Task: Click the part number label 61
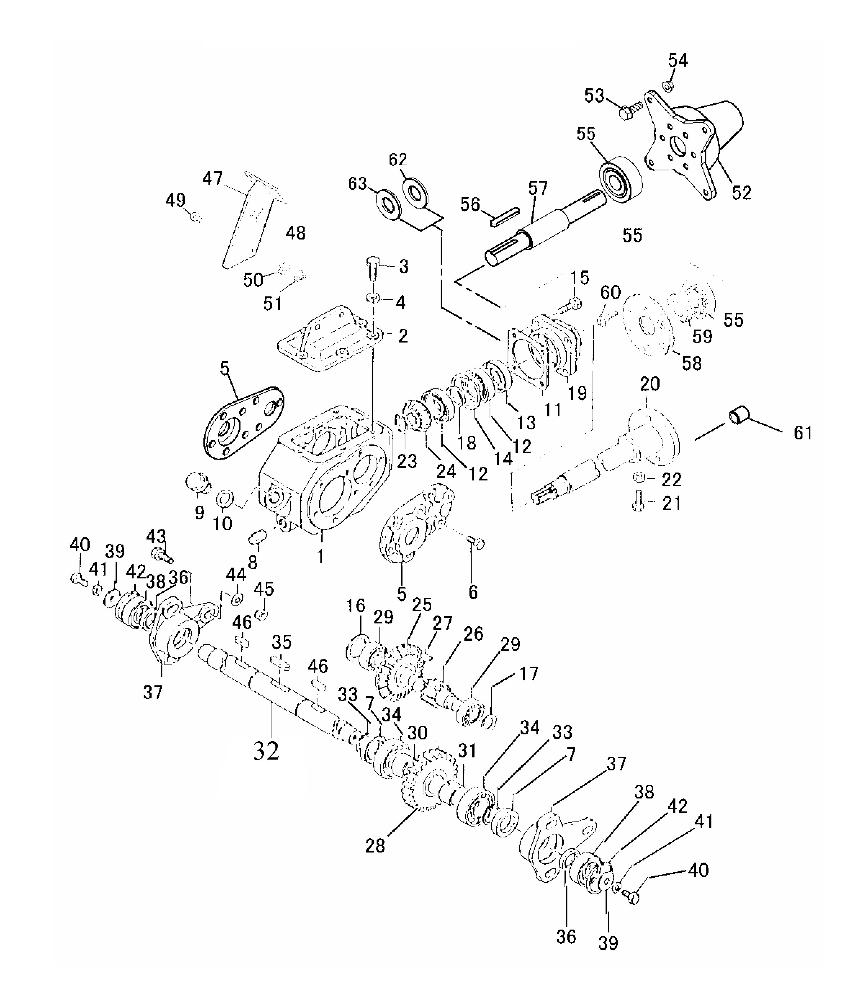click(x=803, y=433)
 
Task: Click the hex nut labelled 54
click(x=668, y=86)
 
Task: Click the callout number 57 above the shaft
click(x=538, y=188)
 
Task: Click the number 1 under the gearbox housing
click(x=320, y=556)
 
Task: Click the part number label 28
click(x=375, y=846)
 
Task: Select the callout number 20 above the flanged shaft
click(x=650, y=384)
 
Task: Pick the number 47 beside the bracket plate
click(x=212, y=178)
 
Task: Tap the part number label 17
click(x=528, y=673)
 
